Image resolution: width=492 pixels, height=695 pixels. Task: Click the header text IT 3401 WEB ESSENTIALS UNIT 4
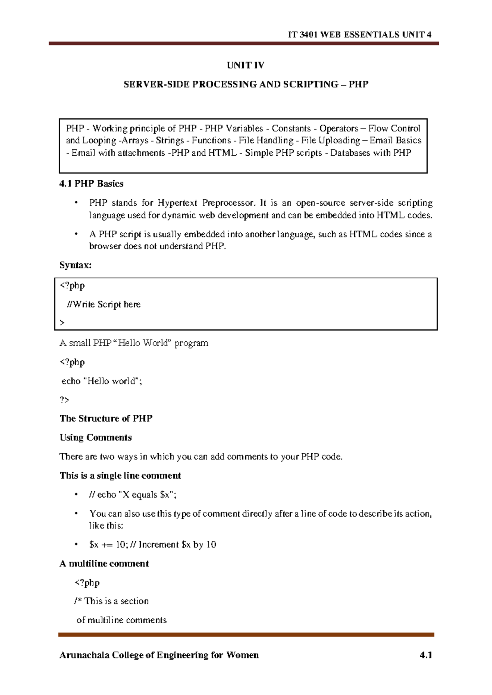(359, 34)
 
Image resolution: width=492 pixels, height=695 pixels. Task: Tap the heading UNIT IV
(246, 65)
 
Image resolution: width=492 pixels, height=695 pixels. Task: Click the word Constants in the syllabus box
(291, 129)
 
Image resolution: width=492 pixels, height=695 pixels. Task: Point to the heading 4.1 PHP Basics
(91, 184)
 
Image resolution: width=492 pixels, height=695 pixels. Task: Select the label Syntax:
(75, 265)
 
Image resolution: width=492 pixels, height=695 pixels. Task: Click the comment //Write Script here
(104, 304)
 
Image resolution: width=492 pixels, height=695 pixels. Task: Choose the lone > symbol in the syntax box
(62, 323)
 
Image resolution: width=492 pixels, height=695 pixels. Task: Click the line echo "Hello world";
(102, 381)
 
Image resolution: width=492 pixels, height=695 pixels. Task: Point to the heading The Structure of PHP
(106, 418)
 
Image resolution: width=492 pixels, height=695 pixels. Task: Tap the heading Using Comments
(96, 438)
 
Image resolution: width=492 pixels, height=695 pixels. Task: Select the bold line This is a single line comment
(120, 476)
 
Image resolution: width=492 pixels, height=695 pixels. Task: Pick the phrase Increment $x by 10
(177, 545)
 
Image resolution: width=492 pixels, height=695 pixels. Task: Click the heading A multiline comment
(104, 564)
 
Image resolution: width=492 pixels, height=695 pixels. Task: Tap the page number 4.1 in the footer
(426, 655)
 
